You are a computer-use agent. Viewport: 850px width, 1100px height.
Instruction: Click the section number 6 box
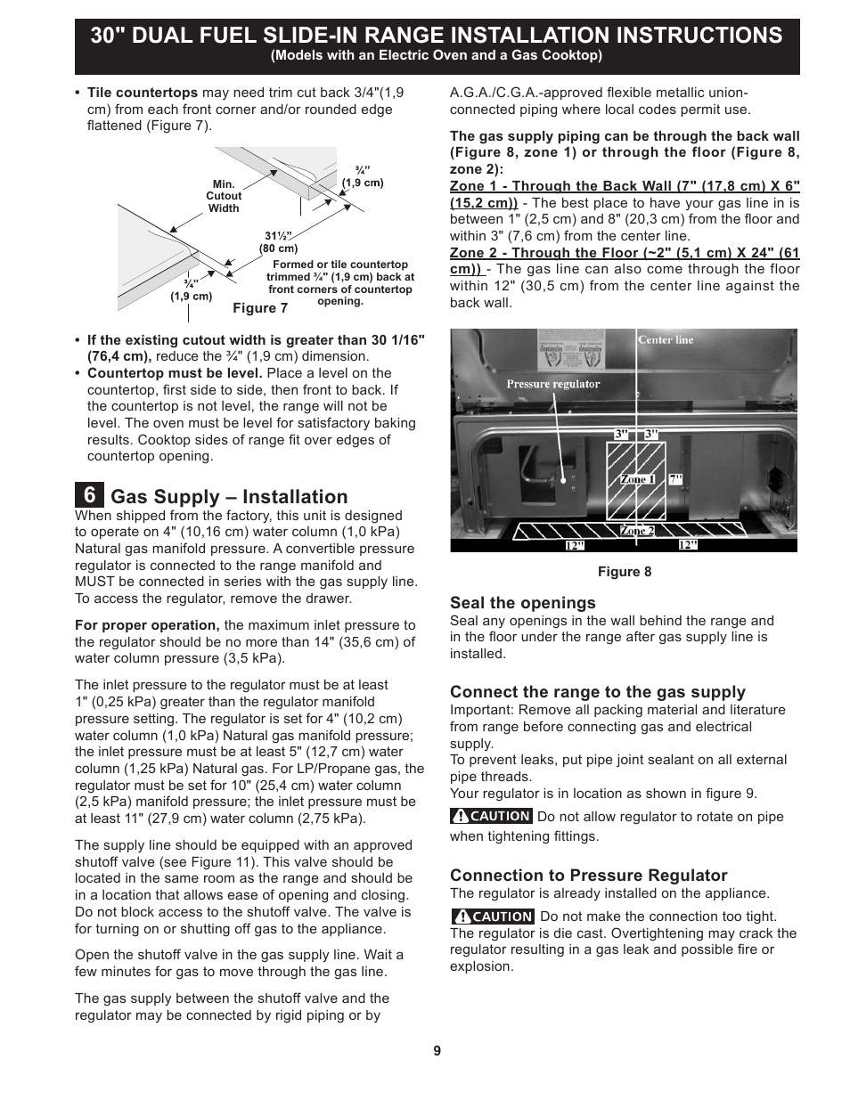[x=89, y=495]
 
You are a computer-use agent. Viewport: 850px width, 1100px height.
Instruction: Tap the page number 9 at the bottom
[x=437, y=1051]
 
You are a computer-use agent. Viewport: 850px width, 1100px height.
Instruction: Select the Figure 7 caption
[x=260, y=308]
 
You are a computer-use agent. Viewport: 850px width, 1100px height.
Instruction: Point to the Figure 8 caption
[x=624, y=572]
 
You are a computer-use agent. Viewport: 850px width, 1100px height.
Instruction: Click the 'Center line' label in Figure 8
[x=665, y=340]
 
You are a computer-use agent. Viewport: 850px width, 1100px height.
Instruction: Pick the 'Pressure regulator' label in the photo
[x=553, y=385]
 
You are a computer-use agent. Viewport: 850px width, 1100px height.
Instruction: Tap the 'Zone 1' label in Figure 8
[x=637, y=479]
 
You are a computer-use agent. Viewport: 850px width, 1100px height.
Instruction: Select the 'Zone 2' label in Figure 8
[x=637, y=531]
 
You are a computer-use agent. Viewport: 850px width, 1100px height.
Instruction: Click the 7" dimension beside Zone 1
[x=675, y=479]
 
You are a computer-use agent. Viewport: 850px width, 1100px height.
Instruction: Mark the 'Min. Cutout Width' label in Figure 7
[x=224, y=196]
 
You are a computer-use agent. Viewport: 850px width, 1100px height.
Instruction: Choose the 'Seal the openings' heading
[x=522, y=603]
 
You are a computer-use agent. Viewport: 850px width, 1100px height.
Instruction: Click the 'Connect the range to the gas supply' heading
[x=597, y=692]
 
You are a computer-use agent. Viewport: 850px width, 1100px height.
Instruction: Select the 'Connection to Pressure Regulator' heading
[x=588, y=876]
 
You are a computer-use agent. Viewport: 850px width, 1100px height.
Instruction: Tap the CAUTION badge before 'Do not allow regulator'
[x=491, y=816]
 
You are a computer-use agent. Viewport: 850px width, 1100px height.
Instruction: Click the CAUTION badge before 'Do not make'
[x=493, y=917]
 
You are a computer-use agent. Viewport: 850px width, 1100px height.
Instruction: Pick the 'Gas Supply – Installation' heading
[x=229, y=497]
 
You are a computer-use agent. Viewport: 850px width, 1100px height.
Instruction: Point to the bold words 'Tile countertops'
[x=143, y=93]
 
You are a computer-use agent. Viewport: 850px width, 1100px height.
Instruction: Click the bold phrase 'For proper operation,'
[x=147, y=625]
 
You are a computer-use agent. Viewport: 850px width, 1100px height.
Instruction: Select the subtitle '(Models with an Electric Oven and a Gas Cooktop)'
[x=437, y=55]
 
